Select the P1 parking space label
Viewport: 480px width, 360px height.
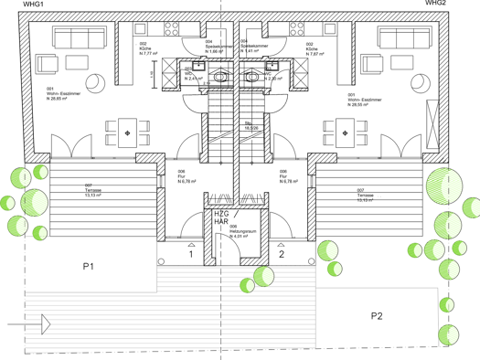click(90, 267)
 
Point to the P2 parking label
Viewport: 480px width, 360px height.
click(378, 316)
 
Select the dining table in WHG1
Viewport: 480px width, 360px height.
click(126, 133)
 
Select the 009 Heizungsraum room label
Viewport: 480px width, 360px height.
click(240, 234)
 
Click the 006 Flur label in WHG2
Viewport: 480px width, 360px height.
click(289, 175)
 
